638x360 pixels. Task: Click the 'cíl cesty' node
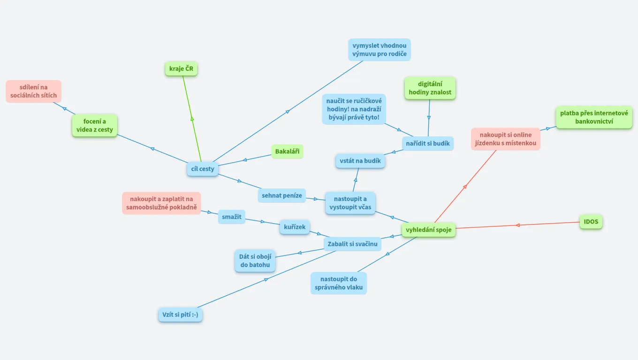click(x=203, y=169)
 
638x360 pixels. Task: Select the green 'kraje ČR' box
click(x=181, y=69)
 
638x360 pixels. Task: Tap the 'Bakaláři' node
click(x=287, y=151)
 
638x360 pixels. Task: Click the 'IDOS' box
click(x=591, y=222)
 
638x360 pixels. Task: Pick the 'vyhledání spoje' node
click(x=429, y=230)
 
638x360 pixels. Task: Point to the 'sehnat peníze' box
click(x=282, y=195)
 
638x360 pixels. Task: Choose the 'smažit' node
click(x=231, y=217)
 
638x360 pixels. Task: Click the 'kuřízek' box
click(x=295, y=227)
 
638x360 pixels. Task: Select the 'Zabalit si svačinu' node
click(x=352, y=244)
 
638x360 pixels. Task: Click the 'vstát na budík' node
click(x=360, y=161)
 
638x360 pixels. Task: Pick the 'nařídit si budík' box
click(x=428, y=143)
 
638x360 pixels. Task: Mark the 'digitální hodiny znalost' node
click(x=430, y=88)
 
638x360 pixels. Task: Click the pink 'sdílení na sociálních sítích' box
click(x=34, y=91)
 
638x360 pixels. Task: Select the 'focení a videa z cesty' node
click(x=95, y=126)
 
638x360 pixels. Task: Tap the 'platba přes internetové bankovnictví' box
click(x=594, y=117)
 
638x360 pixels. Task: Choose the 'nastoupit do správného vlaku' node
click(x=339, y=283)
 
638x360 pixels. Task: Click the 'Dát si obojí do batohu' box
click(x=255, y=261)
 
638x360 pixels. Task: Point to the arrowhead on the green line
click(x=192, y=119)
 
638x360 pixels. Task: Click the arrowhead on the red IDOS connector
click(x=517, y=225)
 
